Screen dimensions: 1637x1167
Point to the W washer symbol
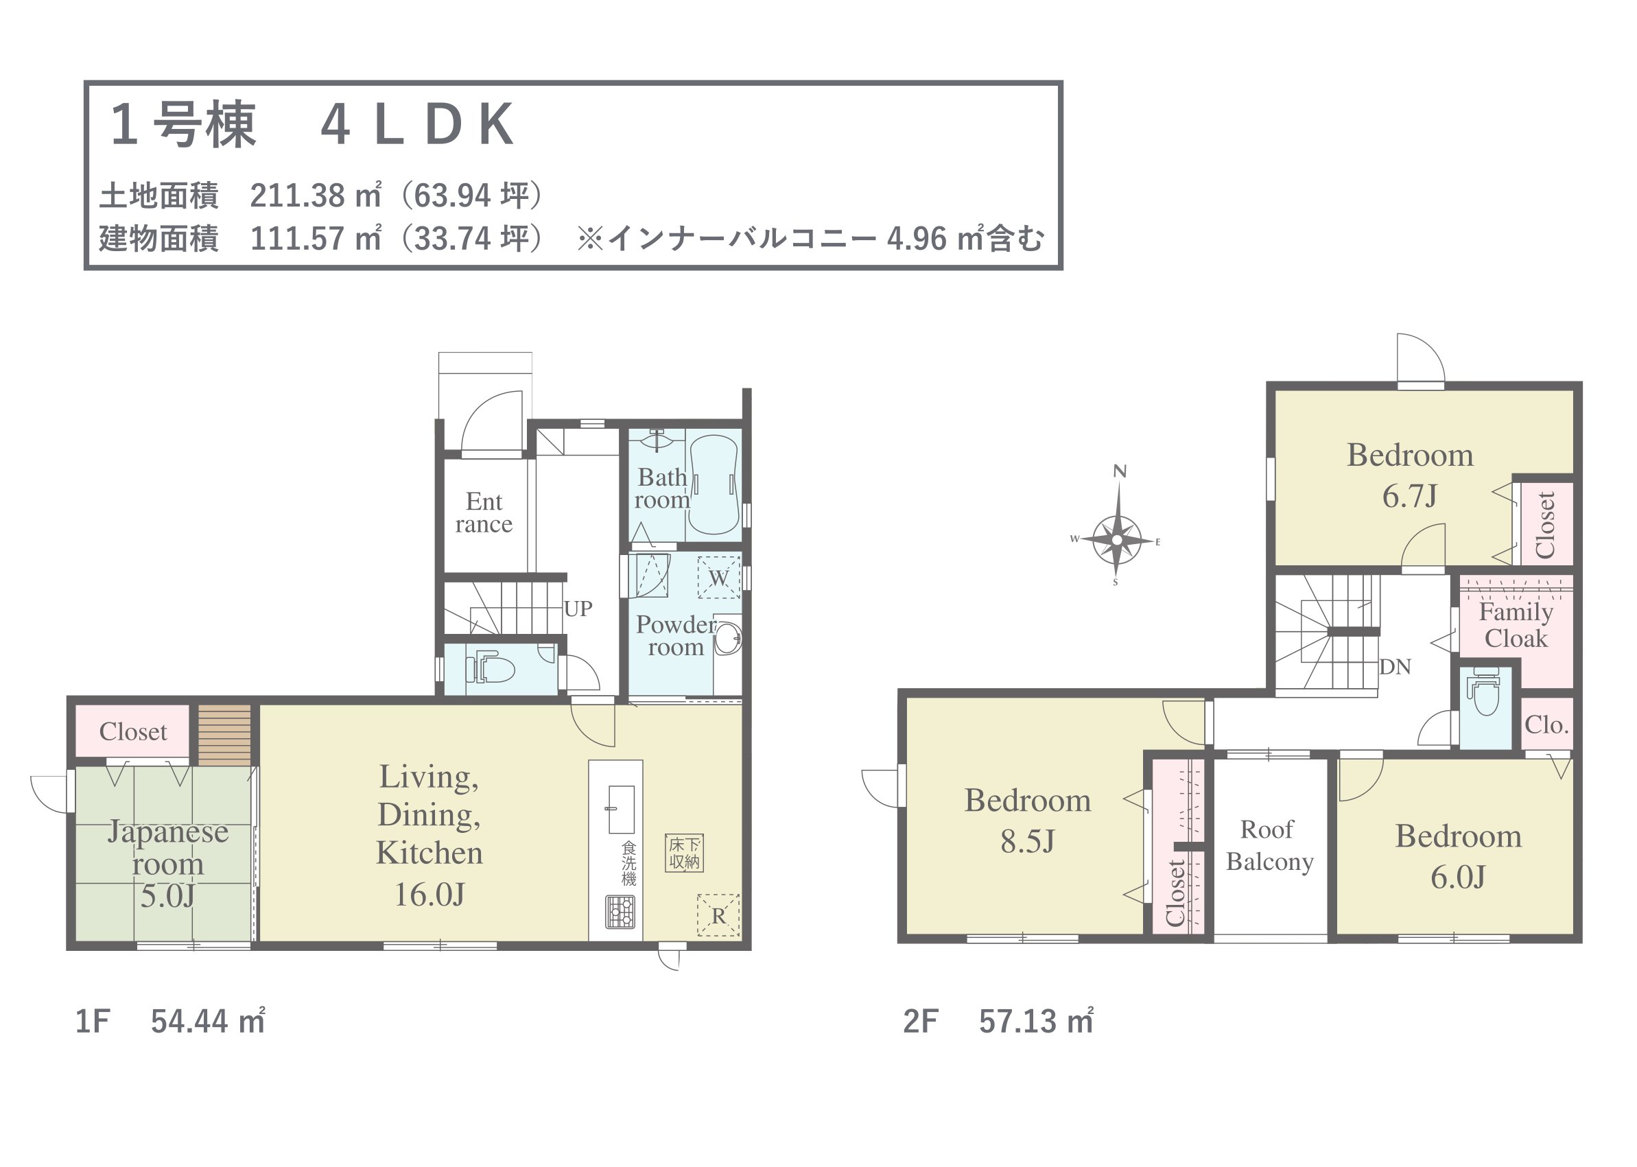point(718,578)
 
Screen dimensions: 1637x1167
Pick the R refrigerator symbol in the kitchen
point(718,915)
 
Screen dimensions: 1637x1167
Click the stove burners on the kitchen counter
point(620,912)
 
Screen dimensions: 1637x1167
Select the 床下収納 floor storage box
point(683,853)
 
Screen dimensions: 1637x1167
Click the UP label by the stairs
point(578,609)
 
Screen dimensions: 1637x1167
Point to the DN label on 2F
point(1395,667)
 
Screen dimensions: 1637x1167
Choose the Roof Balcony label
point(1270,845)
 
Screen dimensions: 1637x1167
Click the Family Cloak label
point(1516,624)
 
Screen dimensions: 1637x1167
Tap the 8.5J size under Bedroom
point(1028,842)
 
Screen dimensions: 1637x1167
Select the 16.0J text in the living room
point(429,895)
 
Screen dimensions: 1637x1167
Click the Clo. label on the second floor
point(1547,724)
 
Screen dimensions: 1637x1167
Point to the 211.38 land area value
point(298,196)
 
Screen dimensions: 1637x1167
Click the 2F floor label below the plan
point(921,1021)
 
